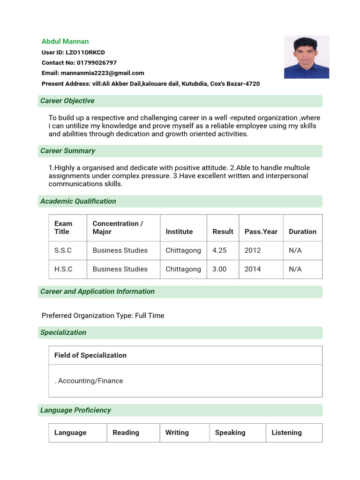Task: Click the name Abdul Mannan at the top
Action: pyautogui.click(x=65, y=41)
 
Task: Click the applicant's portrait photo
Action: pyautogui.click(x=307, y=57)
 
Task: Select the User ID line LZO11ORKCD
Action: pyautogui.click(x=73, y=52)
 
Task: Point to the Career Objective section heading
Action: pyautogui.click(x=67, y=101)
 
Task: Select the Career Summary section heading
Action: pyautogui.click(x=67, y=151)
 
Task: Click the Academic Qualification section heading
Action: pyautogui.click(x=78, y=201)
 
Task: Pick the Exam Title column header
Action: pyautogui.click(x=63, y=227)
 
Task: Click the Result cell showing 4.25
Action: pyautogui.click(x=219, y=250)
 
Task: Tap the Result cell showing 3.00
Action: pyautogui.click(x=219, y=269)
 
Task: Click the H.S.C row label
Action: pyautogui.click(x=63, y=269)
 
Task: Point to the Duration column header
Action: pyautogui.click(x=302, y=232)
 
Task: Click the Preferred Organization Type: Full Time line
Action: pyautogui.click(x=103, y=315)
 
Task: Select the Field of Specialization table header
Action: pyautogui.click(x=90, y=355)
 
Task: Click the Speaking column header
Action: pyautogui.click(x=230, y=433)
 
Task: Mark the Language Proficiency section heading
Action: pyautogui.click(x=75, y=410)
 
